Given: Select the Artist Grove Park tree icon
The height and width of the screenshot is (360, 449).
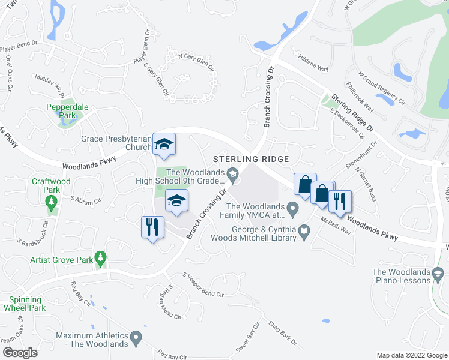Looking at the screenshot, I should [x=101, y=259].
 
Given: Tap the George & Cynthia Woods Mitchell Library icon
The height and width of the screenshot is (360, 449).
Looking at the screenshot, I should [x=304, y=230].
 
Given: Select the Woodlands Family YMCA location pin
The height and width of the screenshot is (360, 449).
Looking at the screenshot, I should [x=293, y=209].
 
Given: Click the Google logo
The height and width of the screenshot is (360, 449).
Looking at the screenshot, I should [x=20, y=353].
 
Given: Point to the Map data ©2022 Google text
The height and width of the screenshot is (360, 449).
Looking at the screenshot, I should [x=411, y=355].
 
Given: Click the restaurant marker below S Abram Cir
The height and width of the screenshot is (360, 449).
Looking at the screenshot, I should [x=151, y=227].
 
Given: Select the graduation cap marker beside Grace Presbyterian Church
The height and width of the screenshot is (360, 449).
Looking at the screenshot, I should [x=163, y=144].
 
